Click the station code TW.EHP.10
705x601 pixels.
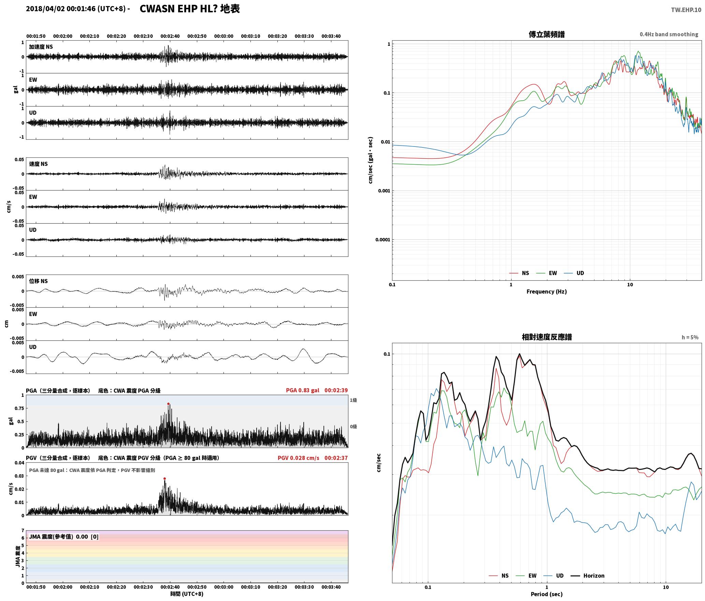coord(686,10)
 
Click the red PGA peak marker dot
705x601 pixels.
coord(168,404)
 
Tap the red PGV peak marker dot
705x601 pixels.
coord(164,479)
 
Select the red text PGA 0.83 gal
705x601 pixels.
coord(302,390)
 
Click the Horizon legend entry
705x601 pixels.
coord(594,576)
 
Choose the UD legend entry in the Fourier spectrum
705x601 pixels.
coord(580,273)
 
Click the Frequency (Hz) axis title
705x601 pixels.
coord(546,292)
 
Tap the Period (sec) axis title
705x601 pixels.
coord(546,594)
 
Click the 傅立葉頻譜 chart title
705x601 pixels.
coord(546,34)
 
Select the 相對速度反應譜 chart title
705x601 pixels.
coord(547,337)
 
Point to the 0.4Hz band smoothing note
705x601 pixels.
coord(669,34)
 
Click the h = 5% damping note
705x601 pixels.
coord(690,337)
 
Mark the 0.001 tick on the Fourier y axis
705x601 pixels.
coord(384,191)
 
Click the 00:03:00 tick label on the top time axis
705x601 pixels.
coord(224,36)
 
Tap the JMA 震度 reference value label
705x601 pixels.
coord(64,537)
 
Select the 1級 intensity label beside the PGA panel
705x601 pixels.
coord(353,400)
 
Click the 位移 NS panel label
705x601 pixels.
coord(38,281)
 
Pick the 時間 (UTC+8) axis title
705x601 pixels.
coord(187,594)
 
